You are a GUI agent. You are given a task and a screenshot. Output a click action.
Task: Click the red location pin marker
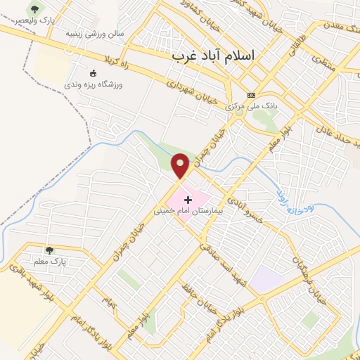[x=181, y=166]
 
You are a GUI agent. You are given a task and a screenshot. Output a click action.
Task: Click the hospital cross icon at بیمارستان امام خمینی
[x=188, y=200]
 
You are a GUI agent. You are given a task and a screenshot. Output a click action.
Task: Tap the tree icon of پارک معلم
[x=49, y=250]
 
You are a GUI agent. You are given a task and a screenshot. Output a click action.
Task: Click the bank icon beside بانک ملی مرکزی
[x=251, y=95]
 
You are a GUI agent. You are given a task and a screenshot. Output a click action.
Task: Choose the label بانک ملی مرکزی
[x=252, y=106]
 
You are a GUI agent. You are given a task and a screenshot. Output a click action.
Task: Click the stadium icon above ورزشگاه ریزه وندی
[x=94, y=72]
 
